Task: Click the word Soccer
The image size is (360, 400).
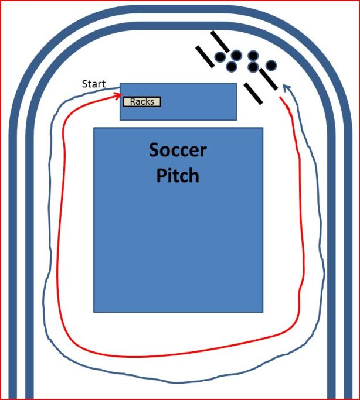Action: (178, 150)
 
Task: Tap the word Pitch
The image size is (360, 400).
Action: (178, 175)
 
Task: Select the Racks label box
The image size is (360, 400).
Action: (142, 102)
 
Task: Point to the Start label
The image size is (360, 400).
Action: (94, 84)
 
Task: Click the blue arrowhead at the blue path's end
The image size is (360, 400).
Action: (286, 87)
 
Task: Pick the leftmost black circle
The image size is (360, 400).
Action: (220, 57)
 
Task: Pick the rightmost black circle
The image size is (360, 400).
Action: (271, 65)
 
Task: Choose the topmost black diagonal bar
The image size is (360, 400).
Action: (220, 41)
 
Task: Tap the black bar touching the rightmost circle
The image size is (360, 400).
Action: (268, 79)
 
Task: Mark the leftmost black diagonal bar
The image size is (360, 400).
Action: (206, 56)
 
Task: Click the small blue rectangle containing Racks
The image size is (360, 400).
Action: (178, 111)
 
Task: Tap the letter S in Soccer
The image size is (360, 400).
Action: (154, 151)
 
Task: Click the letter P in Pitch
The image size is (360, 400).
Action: (162, 175)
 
